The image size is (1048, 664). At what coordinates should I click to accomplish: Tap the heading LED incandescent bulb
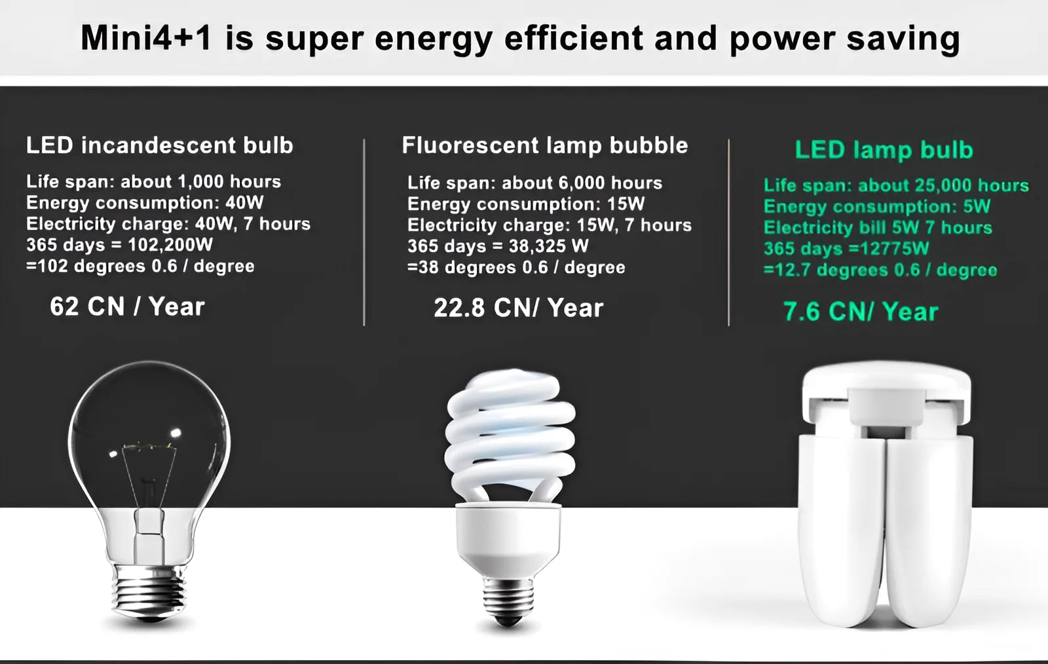point(159,145)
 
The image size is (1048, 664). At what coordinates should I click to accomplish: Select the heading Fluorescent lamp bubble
point(544,145)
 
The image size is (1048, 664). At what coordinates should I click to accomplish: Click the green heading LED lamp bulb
point(884,150)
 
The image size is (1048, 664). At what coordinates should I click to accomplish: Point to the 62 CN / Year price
point(127,306)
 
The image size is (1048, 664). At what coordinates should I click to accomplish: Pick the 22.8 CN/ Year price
point(518,308)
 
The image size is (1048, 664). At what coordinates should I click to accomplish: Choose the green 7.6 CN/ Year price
point(860,312)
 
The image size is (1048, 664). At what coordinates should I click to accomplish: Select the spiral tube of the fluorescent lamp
point(510,432)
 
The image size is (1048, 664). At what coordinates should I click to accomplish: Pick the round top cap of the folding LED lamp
point(886,383)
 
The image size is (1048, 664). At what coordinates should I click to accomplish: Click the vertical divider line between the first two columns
point(364,232)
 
